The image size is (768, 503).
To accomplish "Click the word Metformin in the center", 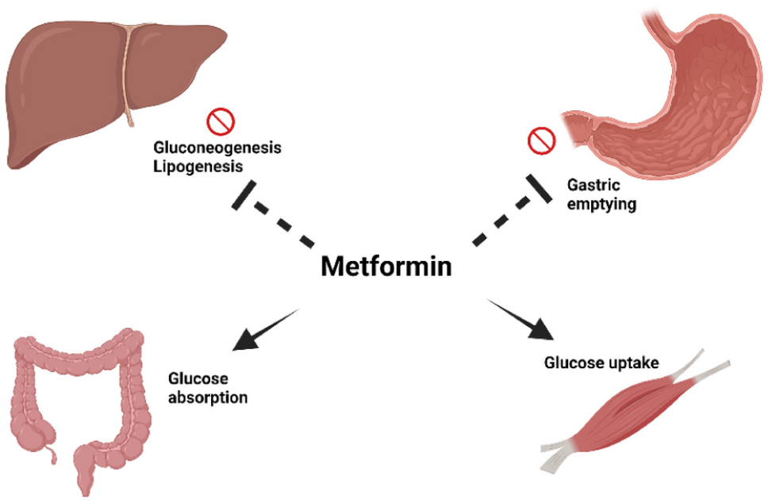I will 386,266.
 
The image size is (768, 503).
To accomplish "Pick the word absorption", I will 207,397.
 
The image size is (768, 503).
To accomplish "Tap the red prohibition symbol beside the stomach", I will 540,142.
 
